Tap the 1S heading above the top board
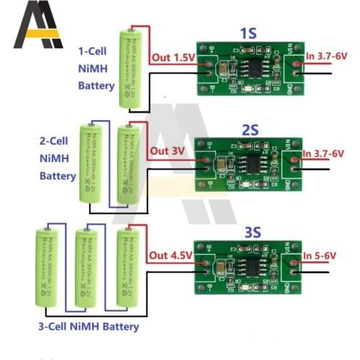point(248,32)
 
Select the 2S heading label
point(248,129)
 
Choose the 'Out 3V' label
point(168,153)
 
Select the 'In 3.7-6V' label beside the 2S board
point(323,153)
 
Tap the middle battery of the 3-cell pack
point(86,266)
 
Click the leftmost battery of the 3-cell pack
point(45,266)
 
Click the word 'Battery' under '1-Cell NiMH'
point(96,86)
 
